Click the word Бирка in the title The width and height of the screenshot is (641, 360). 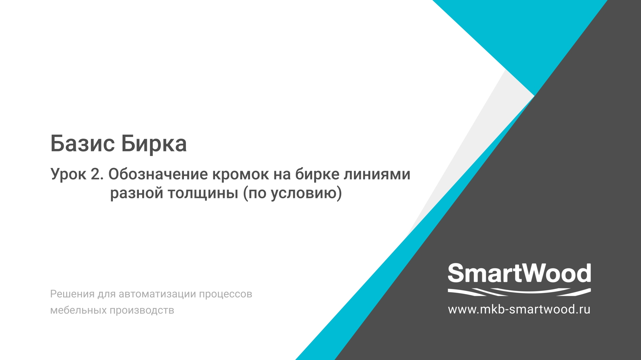click(x=154, y=144)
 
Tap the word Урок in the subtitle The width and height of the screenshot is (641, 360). click(x=68, y=174)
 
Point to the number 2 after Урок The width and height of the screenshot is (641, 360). click(x=96, y=174)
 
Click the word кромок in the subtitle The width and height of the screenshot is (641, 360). click(x=240, y=174)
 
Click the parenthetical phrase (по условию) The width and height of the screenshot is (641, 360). click(x=292, y=193)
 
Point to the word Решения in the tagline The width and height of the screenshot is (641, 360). click(x=72, y=294)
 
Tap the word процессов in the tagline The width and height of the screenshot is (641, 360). click(x=226, y=294)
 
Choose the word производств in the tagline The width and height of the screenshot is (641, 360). click(x=142, y=310)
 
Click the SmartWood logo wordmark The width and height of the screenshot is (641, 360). click(x=519, y=273)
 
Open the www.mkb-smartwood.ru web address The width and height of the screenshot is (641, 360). click(x=519, y=309)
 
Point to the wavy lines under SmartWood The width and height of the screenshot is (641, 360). click(x=519, y=292)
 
